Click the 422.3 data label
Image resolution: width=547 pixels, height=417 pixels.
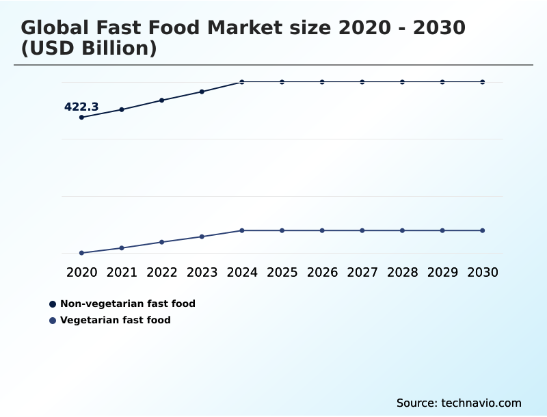(81, 107)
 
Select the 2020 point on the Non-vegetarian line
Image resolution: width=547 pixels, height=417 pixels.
(81, 118)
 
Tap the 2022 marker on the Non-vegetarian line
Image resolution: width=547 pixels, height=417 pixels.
(162, 100)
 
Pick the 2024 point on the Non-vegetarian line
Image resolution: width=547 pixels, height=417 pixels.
(242, 82)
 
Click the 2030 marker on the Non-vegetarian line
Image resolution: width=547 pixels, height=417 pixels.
(483, 82)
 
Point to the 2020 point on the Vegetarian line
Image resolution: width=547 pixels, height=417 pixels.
(81, 253)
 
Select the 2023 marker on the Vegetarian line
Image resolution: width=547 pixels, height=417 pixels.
(202, 237)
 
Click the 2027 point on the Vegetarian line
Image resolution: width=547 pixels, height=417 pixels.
(362, 230)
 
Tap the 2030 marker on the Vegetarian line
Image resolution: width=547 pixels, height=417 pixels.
(483, 230)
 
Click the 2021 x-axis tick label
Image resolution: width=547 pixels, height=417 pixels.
(122, 272)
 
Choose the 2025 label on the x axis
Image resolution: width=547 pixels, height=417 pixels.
(282, 272)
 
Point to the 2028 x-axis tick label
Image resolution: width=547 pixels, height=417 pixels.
(402, 272)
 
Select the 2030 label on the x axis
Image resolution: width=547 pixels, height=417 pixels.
(483, 272)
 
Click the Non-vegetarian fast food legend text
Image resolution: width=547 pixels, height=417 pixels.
(128, 304)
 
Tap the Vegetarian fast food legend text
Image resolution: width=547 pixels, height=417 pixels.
(116, 320)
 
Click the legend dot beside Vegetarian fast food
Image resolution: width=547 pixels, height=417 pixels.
(53, 320)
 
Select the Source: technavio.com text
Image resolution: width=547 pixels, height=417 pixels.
(459, 403)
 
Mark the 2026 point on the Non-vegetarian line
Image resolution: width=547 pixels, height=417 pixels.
(322, 82)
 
